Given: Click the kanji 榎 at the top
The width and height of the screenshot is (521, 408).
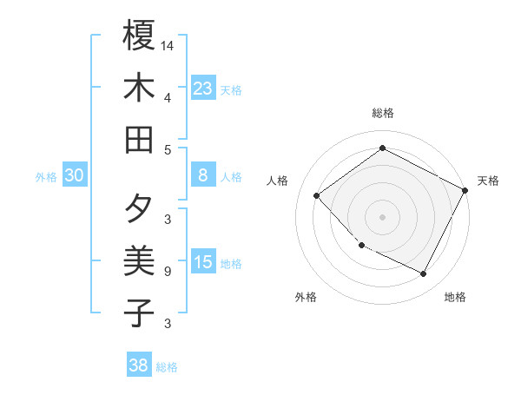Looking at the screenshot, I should click(x=139, y=36).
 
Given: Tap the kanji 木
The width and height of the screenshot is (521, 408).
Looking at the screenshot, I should click(x=139, y=88).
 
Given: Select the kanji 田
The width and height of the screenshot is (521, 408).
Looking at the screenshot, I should click(x=139, y=139).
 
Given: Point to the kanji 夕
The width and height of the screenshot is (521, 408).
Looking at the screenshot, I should click(x=139, y=209).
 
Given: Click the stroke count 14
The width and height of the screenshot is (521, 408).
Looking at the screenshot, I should click(x=168, y=43).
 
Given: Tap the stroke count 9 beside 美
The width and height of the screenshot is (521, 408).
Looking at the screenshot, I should click(x=168, y=272).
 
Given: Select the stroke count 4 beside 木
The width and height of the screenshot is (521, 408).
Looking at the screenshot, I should click(x=168, y=96).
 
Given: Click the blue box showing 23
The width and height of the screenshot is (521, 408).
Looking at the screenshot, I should click(x=203, y=88).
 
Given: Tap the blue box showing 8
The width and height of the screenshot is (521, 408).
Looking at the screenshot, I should click(x=203, y=175).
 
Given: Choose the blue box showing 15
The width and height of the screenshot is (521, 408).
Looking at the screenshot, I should click(x=203, y=262).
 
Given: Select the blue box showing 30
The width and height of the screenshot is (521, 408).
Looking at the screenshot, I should click(x=75, y=175).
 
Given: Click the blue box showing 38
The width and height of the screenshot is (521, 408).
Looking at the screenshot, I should click(x=139, y=365).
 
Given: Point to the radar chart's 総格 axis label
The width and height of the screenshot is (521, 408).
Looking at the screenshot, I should click(x=382, y=114).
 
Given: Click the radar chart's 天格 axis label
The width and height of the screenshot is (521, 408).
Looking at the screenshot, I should click(x=488, y=181).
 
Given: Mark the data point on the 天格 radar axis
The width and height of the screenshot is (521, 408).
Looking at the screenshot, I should click(x=465, y=190).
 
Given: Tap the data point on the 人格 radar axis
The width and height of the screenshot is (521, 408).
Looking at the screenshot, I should click(x=317, y=196).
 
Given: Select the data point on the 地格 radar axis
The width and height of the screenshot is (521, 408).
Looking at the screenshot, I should click(x=424, y=274).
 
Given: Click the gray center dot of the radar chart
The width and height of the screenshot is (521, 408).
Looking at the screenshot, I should click(x=382, y=217).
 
